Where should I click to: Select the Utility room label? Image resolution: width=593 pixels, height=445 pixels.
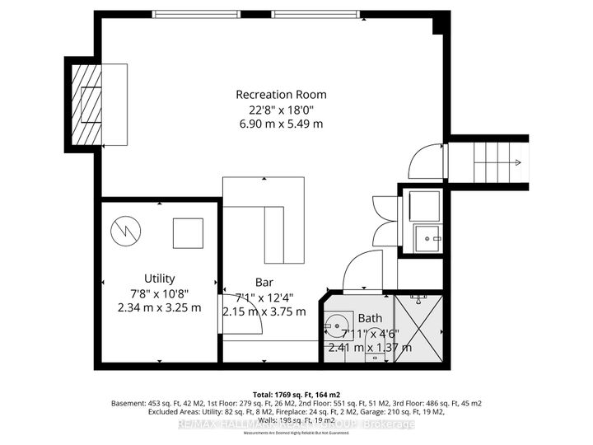[x=158, y=279]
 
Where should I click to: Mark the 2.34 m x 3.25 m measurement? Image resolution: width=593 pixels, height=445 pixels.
[x=158, y=308]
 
